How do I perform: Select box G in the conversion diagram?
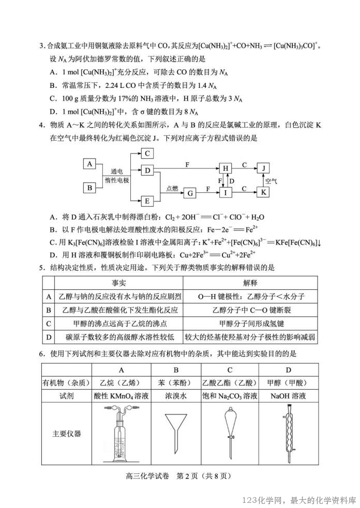190,193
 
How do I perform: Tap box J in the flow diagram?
264,168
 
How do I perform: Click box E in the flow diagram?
147,201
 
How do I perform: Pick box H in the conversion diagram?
226,168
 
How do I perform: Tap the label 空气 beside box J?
272,181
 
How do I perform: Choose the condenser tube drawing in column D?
288,433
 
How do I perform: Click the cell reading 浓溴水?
176,395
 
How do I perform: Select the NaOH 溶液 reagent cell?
288,395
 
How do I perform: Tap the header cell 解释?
250,283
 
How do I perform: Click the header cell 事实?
119,283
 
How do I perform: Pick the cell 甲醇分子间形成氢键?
250,324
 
